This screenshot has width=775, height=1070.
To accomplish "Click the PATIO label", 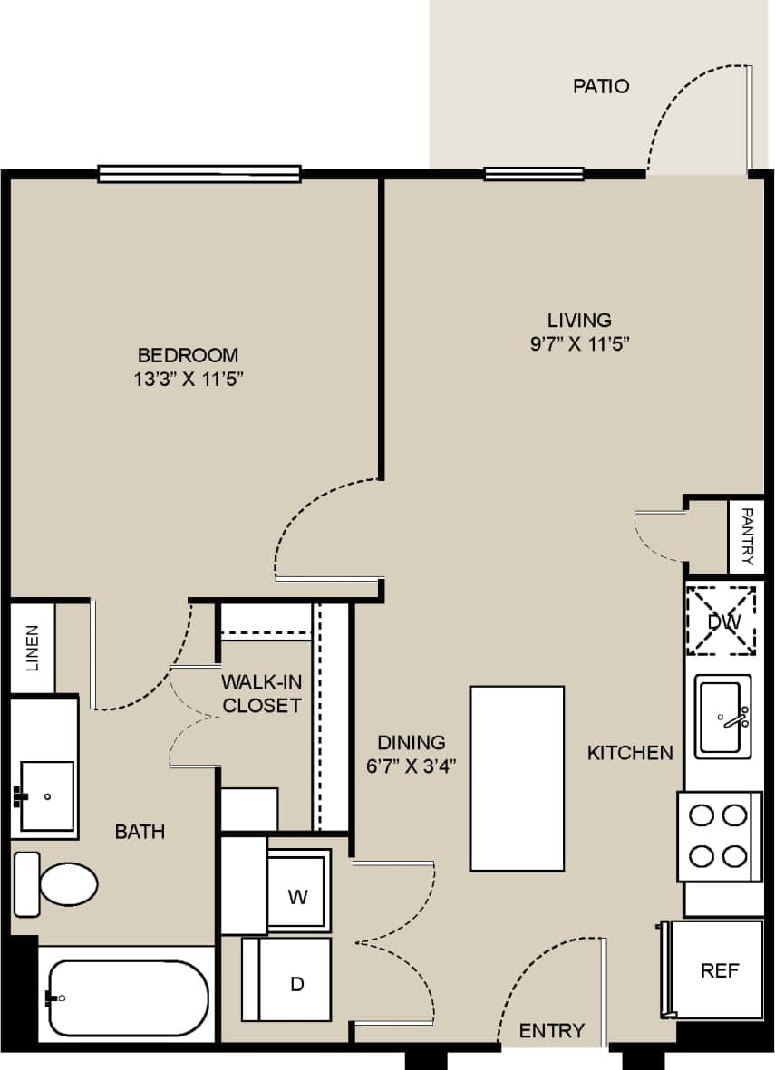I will point(601,87).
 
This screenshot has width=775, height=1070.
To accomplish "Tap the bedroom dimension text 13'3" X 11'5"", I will point(188,379).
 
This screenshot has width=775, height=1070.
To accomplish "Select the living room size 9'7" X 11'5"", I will point(579,343).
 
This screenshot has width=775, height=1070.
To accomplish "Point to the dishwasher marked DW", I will point(723,621).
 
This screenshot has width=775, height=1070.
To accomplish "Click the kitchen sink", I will point(722,717).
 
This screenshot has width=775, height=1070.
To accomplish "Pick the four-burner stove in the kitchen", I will point(719,835).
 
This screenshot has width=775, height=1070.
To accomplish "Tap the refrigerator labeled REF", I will point(718,970).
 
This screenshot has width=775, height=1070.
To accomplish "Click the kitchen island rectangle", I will point(517,778).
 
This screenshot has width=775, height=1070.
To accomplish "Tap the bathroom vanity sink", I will point(46,795).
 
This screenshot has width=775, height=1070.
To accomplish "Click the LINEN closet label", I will point(33,648).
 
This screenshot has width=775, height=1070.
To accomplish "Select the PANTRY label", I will point(748,536).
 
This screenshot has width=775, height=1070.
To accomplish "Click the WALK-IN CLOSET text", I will point(262,693).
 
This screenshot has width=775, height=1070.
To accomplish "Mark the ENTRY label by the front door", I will point(551,1030).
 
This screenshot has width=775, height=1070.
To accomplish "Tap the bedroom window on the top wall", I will point(199,174).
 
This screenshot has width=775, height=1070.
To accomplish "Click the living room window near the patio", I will point(534,174).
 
